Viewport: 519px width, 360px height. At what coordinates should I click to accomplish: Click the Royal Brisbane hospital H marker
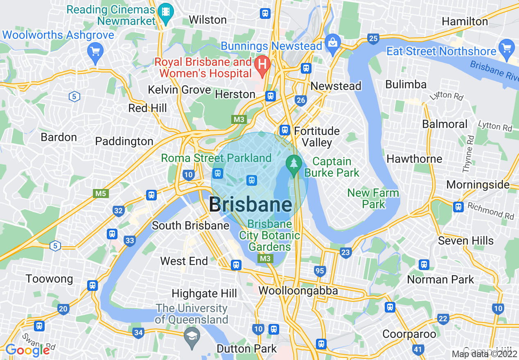click(x=262, y=64)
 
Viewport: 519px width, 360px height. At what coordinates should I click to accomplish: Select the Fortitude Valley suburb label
click(x=317, y=137)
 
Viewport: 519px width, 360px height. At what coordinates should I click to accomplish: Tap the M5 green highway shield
click(x=101, y=193)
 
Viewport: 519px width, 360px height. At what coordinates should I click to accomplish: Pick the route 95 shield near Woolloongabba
click(x=320, y=270)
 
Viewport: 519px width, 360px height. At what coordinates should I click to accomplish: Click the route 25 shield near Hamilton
click(x=373, y=39)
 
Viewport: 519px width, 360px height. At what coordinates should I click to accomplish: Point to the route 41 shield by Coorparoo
click(x=417, y=349)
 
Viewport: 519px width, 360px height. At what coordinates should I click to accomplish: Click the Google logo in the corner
click(x=28, y=350)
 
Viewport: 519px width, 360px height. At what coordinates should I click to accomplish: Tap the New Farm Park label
click(x=373, y=198)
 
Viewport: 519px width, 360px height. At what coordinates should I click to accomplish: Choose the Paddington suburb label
click(x=124, y=142)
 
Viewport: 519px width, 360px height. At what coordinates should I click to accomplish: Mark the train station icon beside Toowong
click(x=93, y=285)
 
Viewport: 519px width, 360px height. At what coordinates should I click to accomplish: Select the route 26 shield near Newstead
click(x=301, y=100)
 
